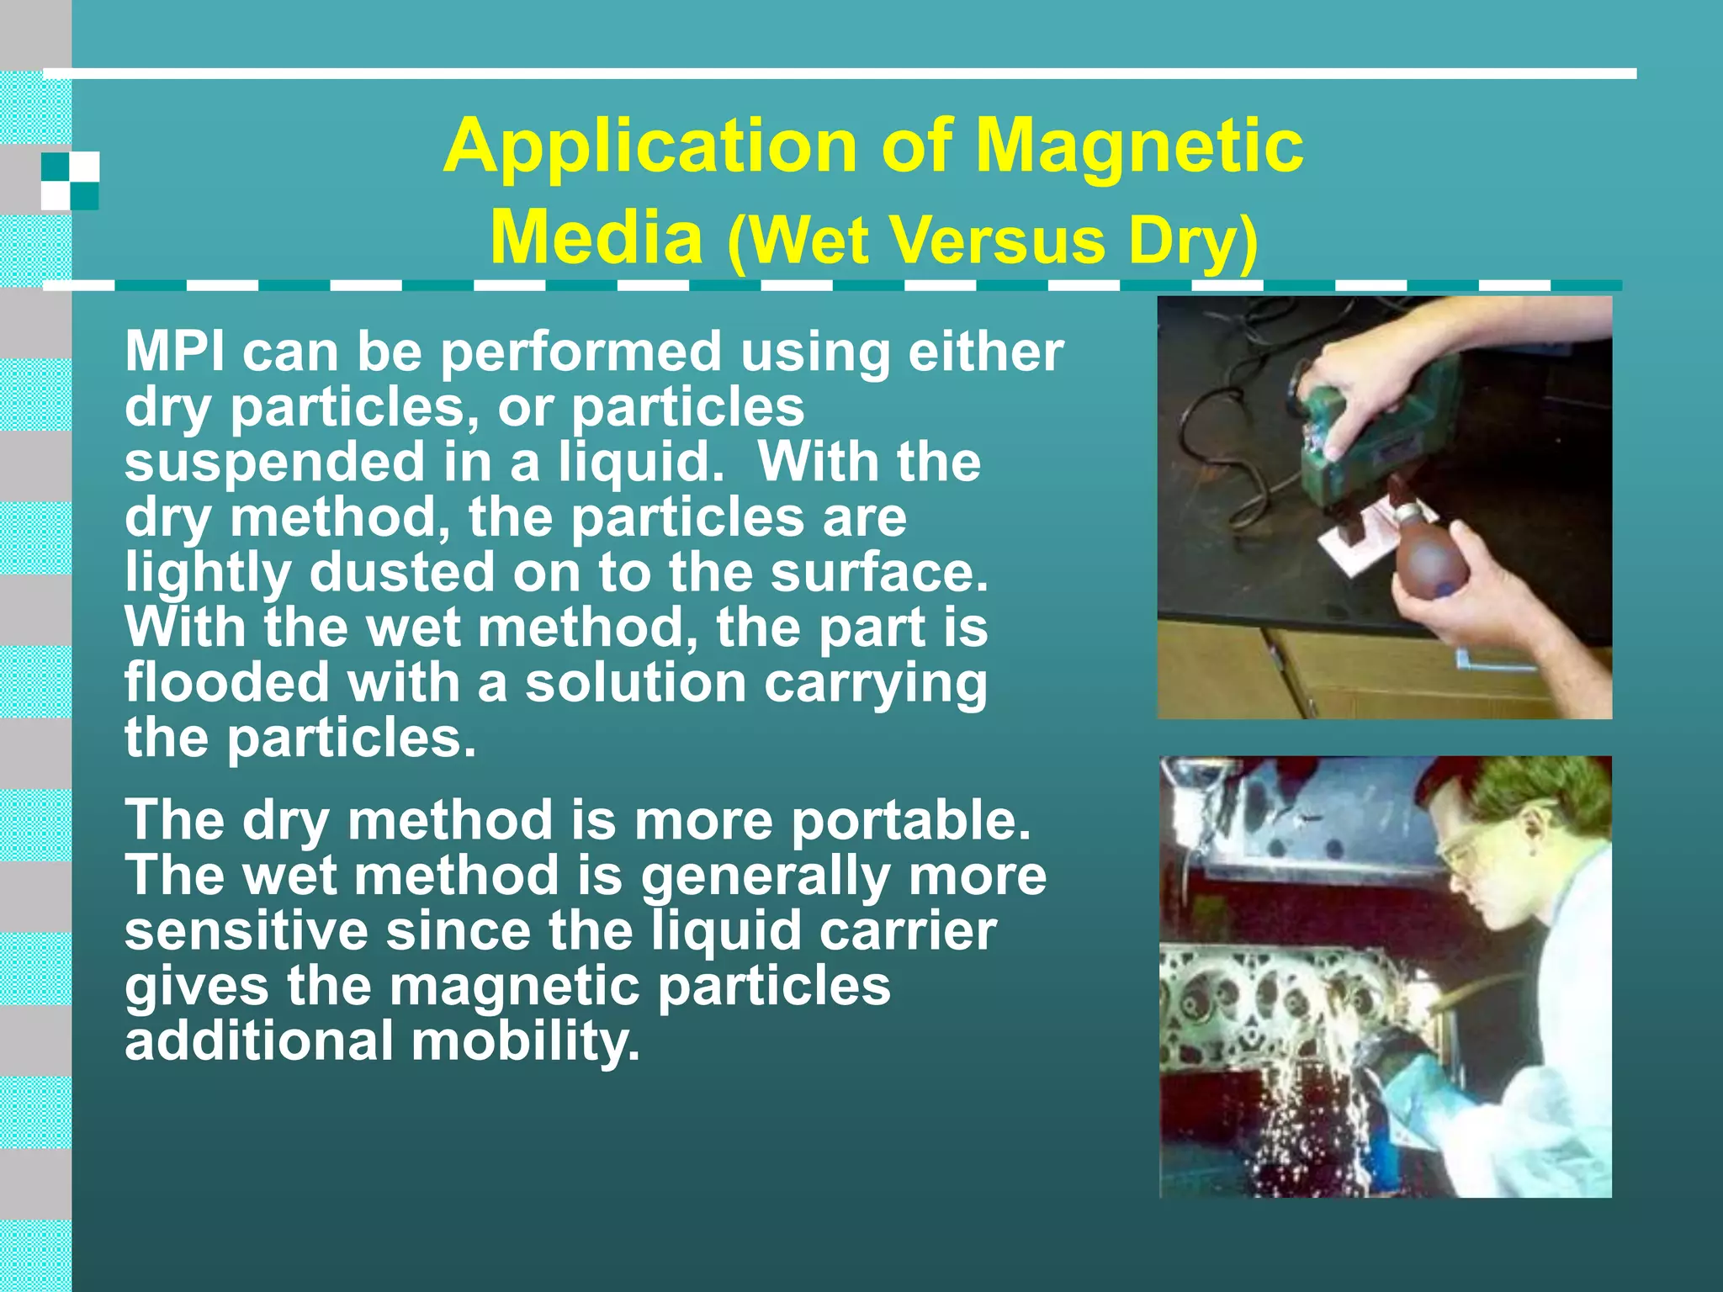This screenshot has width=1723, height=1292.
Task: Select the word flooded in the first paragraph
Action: click(226, 682)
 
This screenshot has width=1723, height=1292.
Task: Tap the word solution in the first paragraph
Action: click(635, 682)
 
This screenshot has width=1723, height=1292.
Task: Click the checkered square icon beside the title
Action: click(71, 181)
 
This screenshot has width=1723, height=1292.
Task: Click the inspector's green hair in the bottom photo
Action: click(1540, 795)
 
